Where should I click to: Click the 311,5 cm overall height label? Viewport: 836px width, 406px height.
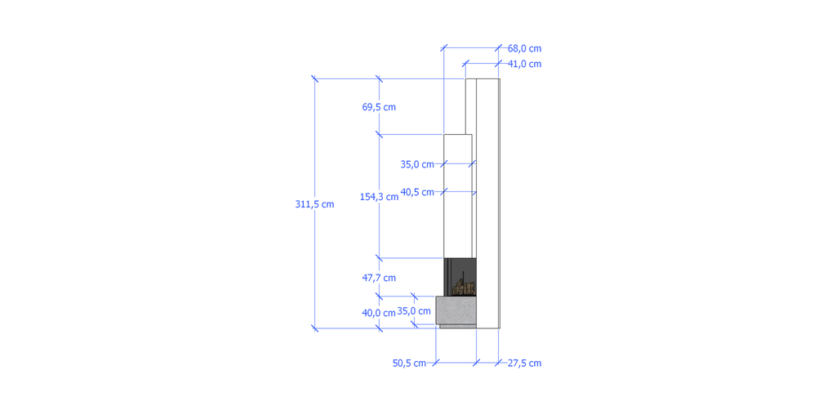click(314, 204)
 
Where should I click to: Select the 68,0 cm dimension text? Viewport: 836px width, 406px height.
click(524, 49)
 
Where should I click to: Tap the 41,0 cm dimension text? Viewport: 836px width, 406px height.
click(524, 64)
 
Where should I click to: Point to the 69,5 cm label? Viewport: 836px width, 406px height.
click(379, 107)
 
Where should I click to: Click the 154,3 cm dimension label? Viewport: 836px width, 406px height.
click(379, 196)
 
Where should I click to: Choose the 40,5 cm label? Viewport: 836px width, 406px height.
click(417, 192)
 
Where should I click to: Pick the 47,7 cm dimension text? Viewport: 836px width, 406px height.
click(379, 278)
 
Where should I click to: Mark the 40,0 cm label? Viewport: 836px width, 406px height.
click(379, 312)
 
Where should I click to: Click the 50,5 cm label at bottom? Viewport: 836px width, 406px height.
click(409, 363)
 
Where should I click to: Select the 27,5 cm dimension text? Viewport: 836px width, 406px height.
click(524, 363)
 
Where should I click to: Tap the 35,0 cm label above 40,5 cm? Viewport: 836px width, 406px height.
click(417, 164)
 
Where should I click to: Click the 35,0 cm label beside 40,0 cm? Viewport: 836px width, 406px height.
click(414, 311)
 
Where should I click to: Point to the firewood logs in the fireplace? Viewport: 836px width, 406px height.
click(464, 286)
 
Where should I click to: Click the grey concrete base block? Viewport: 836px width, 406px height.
click(456, 310)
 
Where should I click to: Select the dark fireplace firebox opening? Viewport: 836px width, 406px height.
click(460, 271)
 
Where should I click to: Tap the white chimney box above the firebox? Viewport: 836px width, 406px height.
click(457, 196)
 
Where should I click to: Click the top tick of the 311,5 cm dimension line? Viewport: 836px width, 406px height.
click(315, 78)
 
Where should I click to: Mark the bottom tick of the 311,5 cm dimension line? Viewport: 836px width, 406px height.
click(315, 328)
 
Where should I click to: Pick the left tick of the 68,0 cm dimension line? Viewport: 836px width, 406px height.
click(444, 49)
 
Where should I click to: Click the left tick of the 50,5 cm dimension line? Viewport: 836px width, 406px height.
click(436, 362)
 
